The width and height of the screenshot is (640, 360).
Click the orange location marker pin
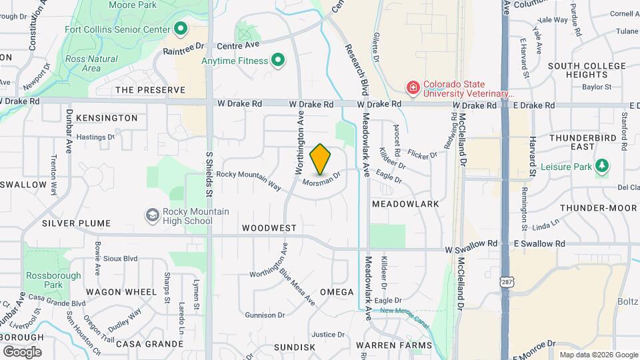click(x=321, y=159)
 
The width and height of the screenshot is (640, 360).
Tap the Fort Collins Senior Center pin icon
click(x=180, y=29)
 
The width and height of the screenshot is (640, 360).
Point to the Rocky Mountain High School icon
click(x=153, y=216)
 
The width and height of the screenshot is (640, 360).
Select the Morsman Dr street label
click(x=321, y=179)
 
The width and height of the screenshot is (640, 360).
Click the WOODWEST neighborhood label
click(x=269, y=228)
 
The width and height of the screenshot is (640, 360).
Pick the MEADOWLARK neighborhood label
click(x=405, y=203)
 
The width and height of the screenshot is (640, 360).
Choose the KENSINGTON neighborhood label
click(x=107, y=118)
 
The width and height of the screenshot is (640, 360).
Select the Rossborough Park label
click(x=53, y=280)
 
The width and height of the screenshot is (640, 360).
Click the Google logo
click(x=22, y=351)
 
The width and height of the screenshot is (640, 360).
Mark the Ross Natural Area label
click(x=92, y=63)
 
